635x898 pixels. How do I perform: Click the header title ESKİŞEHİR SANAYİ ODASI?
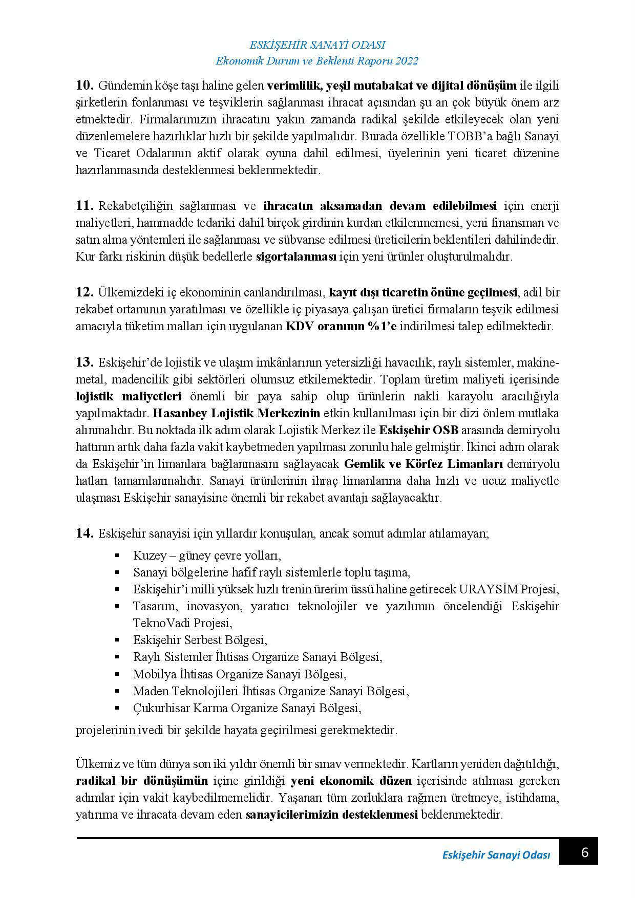[x=317, y=45]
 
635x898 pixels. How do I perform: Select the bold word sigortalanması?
[x=295, y=257]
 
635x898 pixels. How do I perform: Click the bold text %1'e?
[x=379, y=326]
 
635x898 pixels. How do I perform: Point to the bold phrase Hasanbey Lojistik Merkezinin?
[x=237, y=413]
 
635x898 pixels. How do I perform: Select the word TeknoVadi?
[x=156, y=623]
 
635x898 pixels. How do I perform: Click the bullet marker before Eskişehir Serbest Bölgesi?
[x=117, y=640]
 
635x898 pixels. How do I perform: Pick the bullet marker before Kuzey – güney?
[x=117, y=555]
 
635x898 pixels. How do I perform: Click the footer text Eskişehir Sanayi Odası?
[x=495, y=856]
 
